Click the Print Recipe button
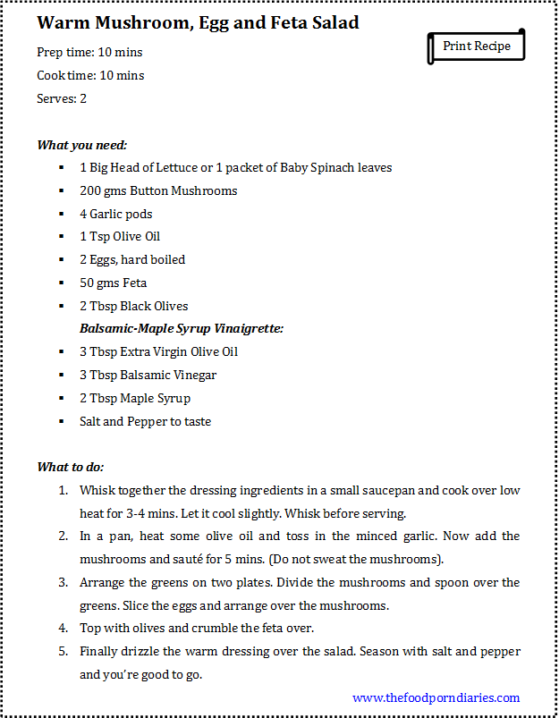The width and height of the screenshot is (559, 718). pos(476,46)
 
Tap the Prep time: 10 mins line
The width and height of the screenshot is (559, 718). pos(89,53)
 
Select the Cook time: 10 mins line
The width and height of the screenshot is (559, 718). pos(90,76)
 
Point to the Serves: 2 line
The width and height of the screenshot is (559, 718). pos(62,98)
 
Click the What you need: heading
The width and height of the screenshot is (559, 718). pos(81,145)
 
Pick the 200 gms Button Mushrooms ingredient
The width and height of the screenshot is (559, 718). pos(158,190)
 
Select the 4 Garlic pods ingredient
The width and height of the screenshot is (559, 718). pos(116,214)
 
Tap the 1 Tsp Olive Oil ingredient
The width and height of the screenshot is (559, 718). pos(120,237)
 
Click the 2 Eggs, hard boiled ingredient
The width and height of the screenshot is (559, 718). pos(132,259)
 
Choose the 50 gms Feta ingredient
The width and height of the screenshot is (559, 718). pos(113,283)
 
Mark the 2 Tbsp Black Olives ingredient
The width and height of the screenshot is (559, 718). pos(134,306)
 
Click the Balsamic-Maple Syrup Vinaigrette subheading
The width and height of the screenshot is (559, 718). pos(182,328)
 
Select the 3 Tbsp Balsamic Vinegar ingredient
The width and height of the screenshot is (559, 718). pos(148,375)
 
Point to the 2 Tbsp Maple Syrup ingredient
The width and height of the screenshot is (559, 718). pos(135,398)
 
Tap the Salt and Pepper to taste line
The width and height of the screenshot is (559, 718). pos(145,421)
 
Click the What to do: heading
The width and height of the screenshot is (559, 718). pos(71,467)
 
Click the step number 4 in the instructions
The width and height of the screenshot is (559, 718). pos(64,629)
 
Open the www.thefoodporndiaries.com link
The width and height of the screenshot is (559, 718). pos(436,697)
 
